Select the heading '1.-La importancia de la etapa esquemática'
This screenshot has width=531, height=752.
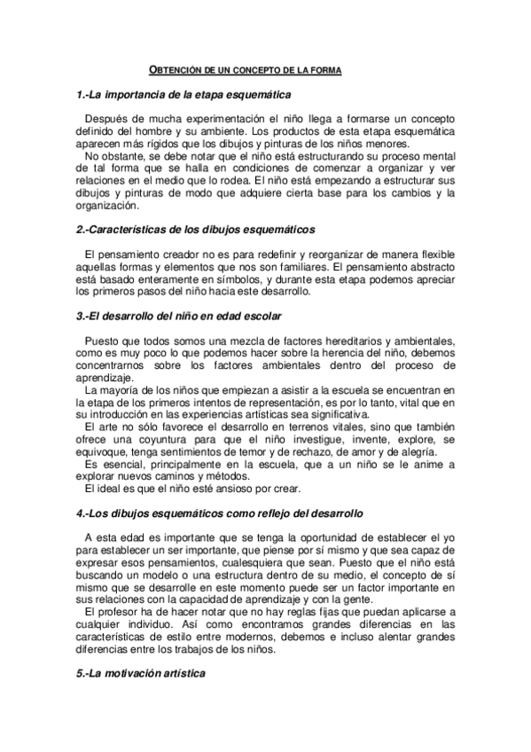coord(184,94)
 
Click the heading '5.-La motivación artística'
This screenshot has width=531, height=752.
coord(140,674)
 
